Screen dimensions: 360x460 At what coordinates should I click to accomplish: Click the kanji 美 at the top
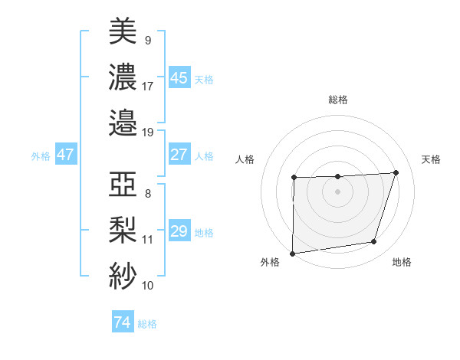(123, 31)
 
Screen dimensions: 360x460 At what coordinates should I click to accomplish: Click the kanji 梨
(123, 229)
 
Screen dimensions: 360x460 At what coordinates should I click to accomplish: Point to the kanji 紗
(123, 274)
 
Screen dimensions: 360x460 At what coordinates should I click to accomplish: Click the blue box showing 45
(179, 78)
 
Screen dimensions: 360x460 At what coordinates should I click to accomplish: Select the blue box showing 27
(179, 155)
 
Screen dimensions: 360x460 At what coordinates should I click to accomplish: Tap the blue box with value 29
(179, 231)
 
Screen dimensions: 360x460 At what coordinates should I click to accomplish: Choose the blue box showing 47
(65, 155)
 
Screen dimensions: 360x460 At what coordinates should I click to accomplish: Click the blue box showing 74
(122, 322)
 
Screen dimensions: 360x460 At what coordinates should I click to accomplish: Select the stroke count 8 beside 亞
(147, 195)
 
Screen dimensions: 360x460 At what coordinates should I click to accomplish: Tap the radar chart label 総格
(337, 100)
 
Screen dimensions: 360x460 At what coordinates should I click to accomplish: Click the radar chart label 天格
(432, 159)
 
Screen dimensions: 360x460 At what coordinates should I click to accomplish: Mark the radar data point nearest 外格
(292, 253)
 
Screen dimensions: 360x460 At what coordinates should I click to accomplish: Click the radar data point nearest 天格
(396, 172)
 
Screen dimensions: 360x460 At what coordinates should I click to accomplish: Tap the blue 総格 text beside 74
(147, 324)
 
